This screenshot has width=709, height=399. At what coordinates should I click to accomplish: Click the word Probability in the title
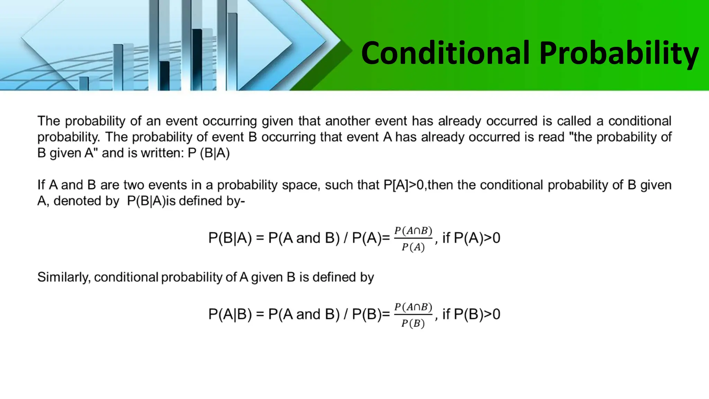[619, 54]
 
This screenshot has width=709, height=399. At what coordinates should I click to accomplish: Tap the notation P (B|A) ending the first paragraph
[209, 153]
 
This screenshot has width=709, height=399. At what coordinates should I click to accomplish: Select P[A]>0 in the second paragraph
[403, 185]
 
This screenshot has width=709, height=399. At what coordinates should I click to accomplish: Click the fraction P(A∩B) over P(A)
[413, 239]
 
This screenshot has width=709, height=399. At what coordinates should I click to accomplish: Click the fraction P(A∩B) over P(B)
[413, 315]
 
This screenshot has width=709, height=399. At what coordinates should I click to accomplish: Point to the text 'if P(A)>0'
[471, 238]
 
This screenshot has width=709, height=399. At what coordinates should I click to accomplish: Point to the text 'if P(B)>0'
[471, 314]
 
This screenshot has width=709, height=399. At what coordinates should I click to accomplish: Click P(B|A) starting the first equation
[230, 238]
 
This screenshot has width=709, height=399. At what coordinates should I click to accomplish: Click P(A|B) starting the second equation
[230, 314]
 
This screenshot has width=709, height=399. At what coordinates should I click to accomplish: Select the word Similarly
[64, 277]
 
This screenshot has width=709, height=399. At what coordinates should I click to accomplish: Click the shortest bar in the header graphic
[84, 83]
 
